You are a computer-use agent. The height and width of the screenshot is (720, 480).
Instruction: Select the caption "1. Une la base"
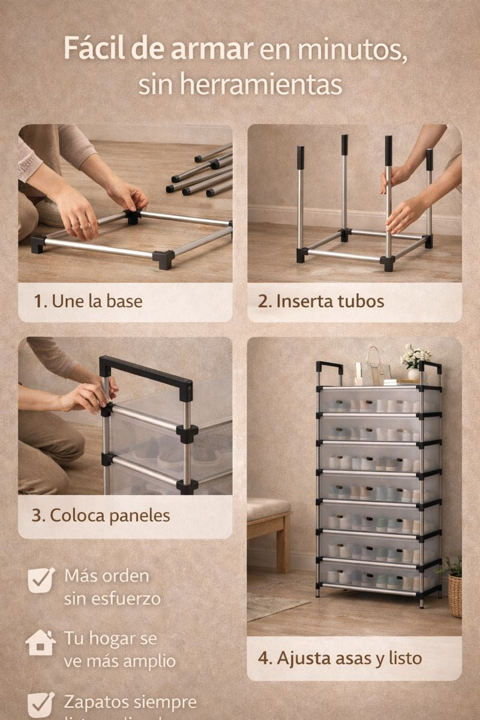click(x=88, y=301)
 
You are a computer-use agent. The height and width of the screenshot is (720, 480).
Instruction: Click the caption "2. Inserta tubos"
click(x=321, y=301)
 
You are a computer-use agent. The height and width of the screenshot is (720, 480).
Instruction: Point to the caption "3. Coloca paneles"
click(x=101, y=515)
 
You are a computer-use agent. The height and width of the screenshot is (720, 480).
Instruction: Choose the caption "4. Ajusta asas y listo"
click(x=340, y=658)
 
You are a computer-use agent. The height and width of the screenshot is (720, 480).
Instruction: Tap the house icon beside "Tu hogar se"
click(x=41, y=643)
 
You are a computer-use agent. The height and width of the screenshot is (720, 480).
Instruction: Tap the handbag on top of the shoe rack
click(x=372, y=367)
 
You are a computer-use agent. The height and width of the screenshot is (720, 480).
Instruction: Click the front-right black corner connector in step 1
click(x=163, y=259)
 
